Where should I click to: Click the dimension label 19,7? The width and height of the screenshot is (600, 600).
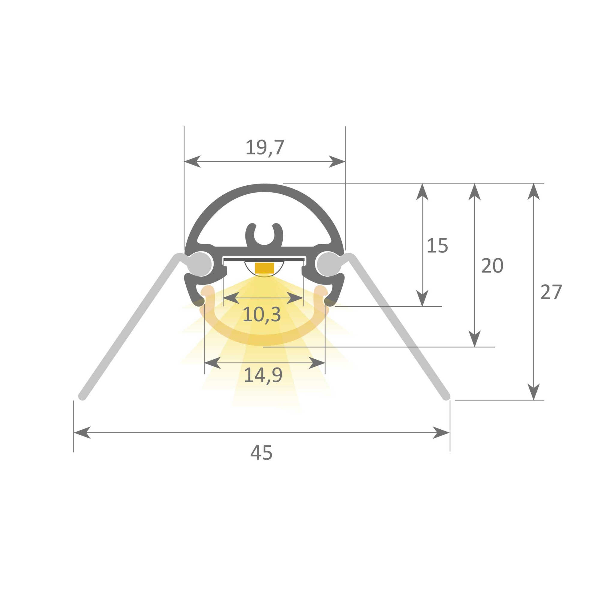(265, 148)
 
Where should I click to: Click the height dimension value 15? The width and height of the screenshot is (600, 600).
(437, 246)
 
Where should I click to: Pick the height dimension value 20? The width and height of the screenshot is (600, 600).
(492, 266)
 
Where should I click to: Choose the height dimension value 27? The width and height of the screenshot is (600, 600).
(551, 292)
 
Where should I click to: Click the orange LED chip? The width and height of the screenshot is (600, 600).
(264, 268)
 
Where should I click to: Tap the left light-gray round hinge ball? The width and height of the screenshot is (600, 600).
(200, 264)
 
